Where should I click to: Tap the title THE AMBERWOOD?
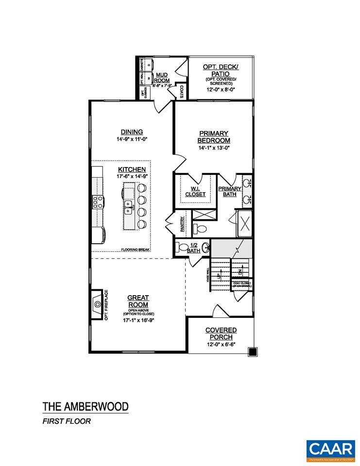point(85,406)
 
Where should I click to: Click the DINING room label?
point(132,132)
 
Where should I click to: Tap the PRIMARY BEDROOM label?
point(213,136)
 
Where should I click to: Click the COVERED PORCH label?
point(221,333)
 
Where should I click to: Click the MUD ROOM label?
point(161,78)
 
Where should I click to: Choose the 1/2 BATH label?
point(193,248)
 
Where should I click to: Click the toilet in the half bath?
point(184,248)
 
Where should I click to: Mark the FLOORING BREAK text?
point(136,250)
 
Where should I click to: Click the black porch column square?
point(252,352)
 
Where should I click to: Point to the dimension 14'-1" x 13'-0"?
point(213,148)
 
